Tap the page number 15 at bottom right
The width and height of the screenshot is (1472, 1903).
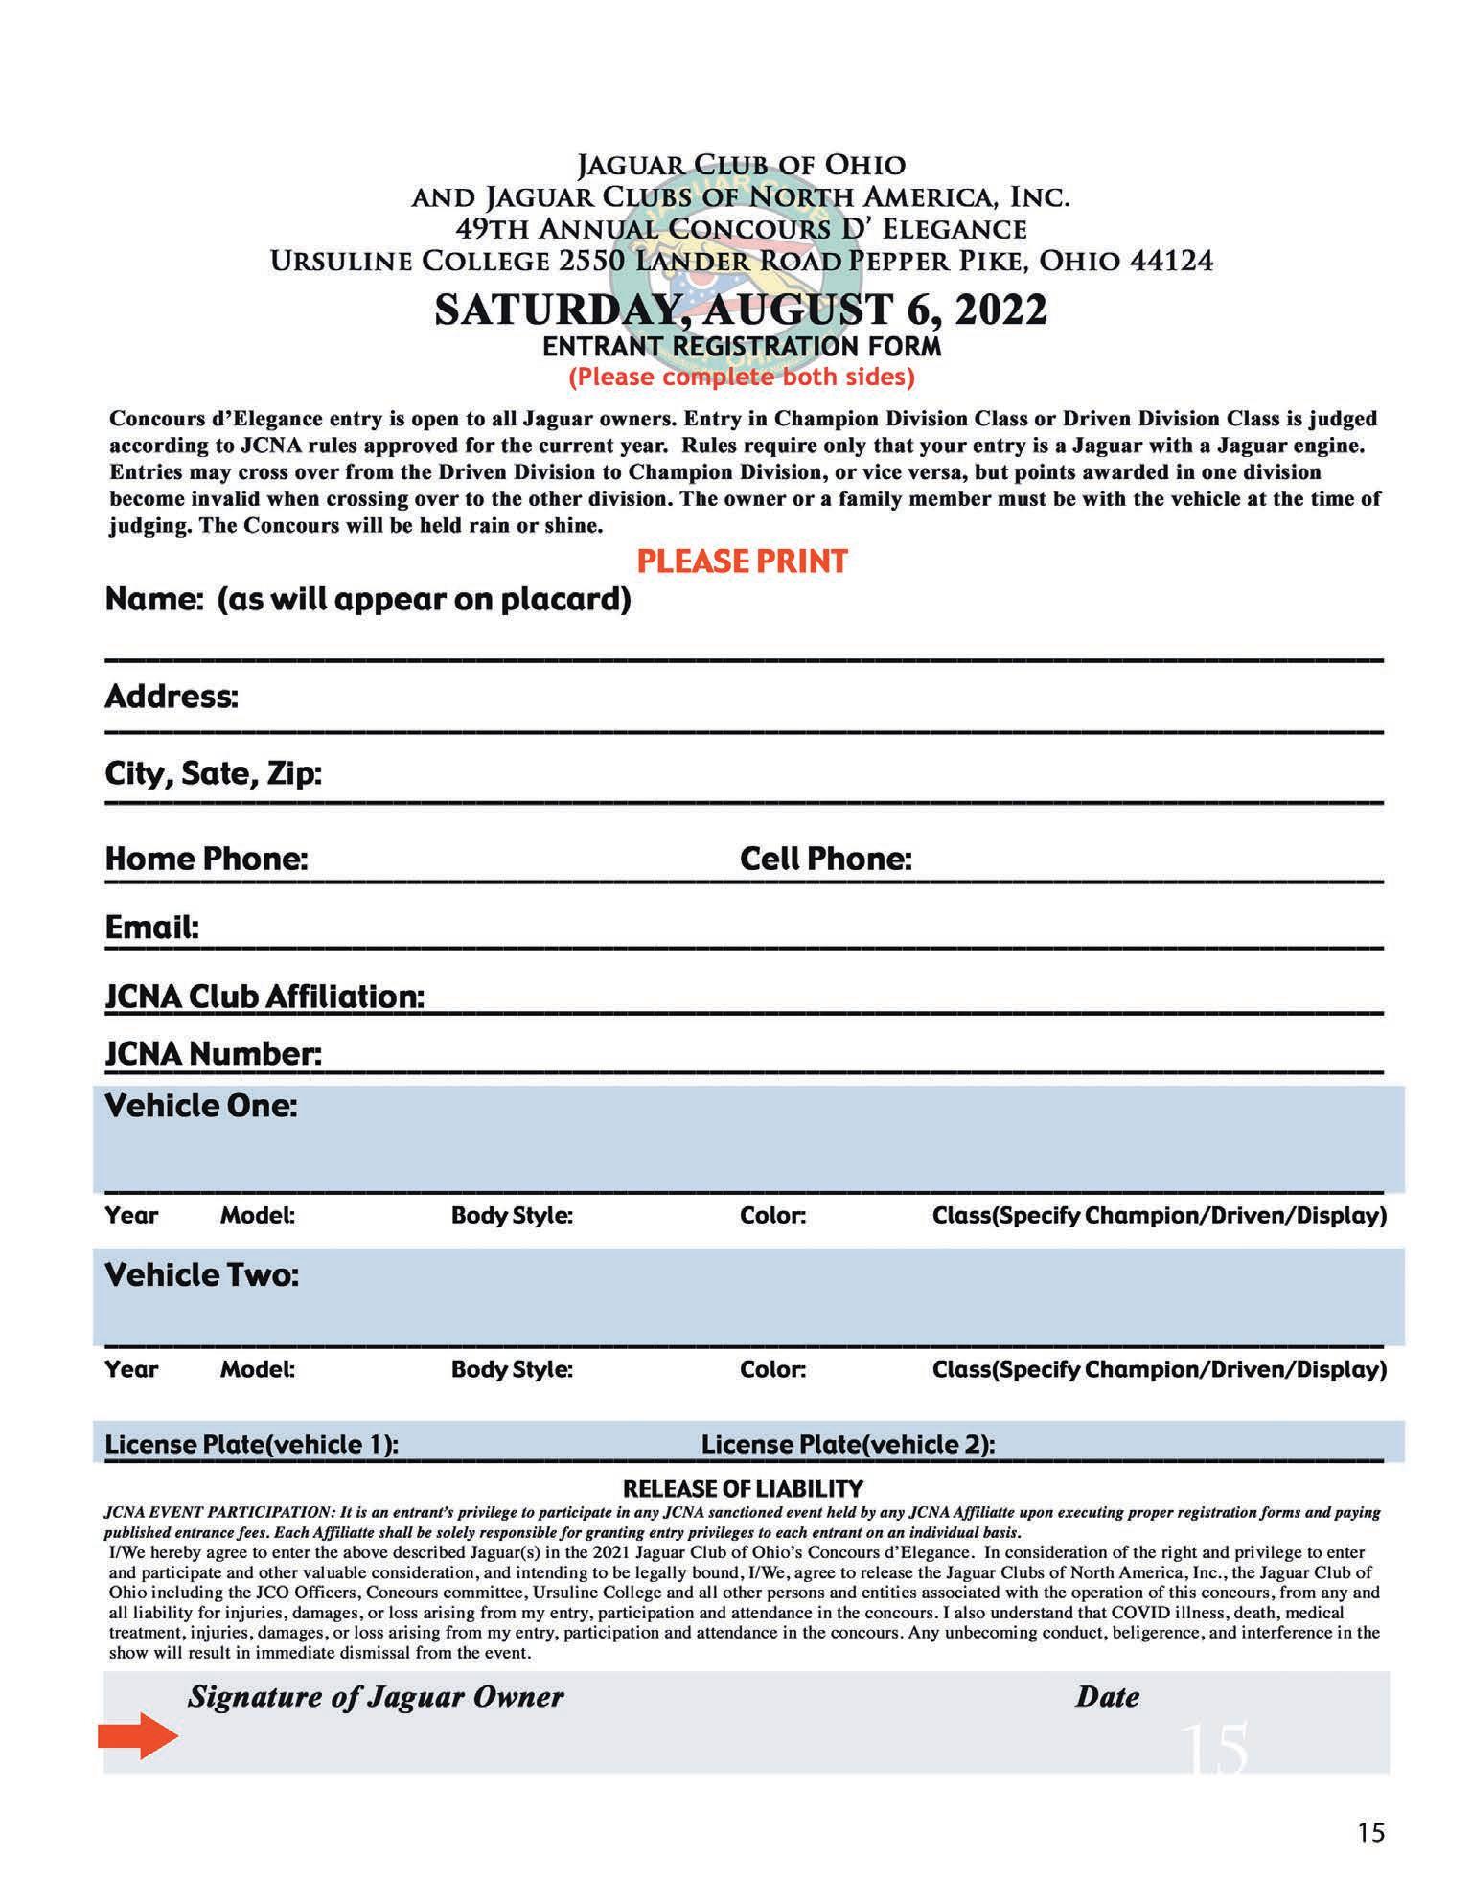(1370, 1832)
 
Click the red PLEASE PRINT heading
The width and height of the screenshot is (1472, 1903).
(743, 561)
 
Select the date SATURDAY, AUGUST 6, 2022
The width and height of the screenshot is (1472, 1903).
(741, 310)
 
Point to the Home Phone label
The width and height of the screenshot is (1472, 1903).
(206, 859)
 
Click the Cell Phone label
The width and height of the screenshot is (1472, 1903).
(825, 859)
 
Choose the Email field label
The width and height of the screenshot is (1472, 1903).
(151, 928)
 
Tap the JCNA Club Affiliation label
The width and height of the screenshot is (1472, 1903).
(264, 997)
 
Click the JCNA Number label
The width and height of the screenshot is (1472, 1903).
(213, 1054)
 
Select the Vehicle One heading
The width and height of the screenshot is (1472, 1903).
(201, 1106)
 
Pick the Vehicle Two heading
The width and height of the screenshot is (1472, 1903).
(201, 1275)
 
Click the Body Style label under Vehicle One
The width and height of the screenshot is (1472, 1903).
(512, 1216)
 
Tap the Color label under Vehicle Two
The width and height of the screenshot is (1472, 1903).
(772, 1369)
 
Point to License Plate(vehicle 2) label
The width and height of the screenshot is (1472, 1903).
(848, 1444)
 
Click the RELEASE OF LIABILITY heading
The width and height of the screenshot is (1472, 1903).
(743, 1488)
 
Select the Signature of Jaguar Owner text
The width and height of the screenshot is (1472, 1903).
(376, 1697)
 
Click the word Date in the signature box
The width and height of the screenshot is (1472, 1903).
(1107, 1697)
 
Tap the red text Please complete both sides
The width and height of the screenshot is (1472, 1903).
(742, 377)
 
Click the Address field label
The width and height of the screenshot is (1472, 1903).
(171, 696)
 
